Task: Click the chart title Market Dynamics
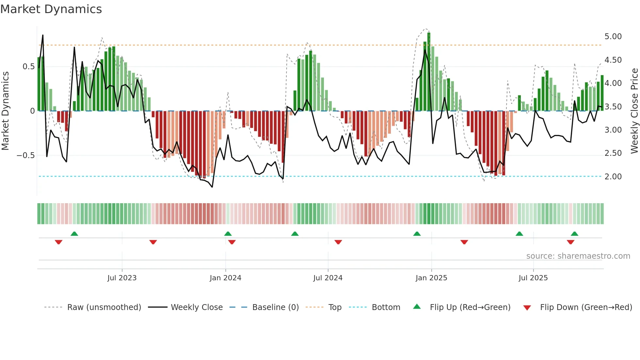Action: [x=51, y=9]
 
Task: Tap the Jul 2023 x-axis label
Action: [x=122, y=278]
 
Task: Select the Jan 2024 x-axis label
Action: [x=225, y=278]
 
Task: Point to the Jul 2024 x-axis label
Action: [x=328, y=278]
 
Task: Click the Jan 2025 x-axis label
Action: [x=431, y=278]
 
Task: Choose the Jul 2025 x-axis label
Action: [x=533, y=278]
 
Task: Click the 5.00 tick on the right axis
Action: [x=613, y=37]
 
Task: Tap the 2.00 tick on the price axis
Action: [x=613, y=177]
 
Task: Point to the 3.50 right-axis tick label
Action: [x=613, y=107]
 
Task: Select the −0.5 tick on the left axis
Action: [x=25, y=155]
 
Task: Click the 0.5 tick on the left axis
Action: [x=28, y=67]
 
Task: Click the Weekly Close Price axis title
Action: [x=634, y=111]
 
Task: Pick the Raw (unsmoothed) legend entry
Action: [x=104, y=307]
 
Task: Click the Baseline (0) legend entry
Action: [x=275, y=307]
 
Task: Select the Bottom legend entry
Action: [x=386, y=307]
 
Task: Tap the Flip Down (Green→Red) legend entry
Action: [x=586, y=307]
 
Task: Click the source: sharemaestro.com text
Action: [x=578, y=256]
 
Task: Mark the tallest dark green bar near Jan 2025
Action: [x=429, y=72]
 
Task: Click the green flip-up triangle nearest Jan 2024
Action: [x=228, y=234]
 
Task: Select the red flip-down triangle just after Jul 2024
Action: [x=338, y=242]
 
